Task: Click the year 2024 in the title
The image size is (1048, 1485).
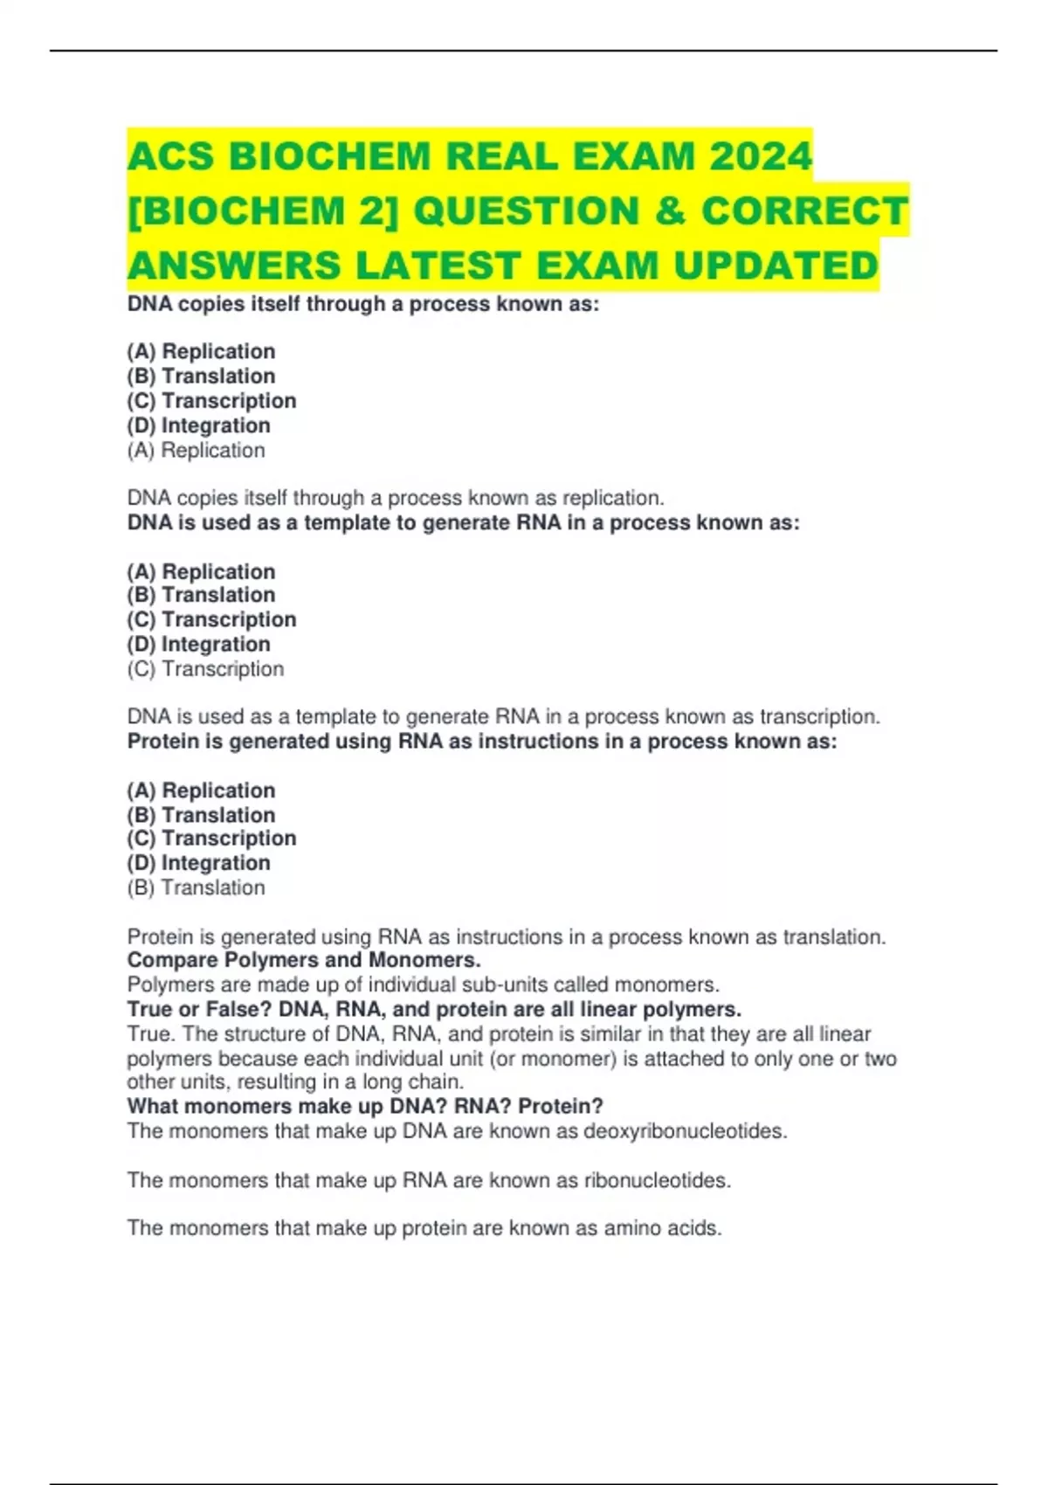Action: click(761, 157)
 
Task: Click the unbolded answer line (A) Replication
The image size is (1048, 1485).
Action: click(196, 451)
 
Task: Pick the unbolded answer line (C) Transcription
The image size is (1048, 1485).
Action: click(205, 669)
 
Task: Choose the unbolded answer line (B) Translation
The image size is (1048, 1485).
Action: click(196, 888)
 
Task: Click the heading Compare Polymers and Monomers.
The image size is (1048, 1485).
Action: click(304, 960)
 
